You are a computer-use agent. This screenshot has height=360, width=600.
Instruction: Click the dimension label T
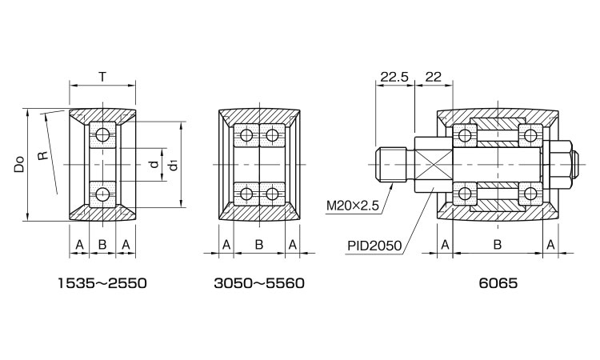102,77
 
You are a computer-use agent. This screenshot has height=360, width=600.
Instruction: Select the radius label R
43,155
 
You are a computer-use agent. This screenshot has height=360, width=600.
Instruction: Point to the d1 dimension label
174,166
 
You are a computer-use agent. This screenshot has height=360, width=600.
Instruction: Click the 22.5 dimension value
394,78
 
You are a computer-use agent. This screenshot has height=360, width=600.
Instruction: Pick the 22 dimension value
433,78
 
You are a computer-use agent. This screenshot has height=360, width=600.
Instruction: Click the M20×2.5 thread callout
353,206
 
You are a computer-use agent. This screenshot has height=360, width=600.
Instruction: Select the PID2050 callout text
374,246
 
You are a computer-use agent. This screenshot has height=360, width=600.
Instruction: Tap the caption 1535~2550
102,283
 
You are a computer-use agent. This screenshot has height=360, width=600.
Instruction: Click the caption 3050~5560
259,283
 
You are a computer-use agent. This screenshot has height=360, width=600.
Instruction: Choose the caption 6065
498,283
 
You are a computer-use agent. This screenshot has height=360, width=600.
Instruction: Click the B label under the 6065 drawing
498,244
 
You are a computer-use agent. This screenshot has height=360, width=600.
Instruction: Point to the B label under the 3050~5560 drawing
259,244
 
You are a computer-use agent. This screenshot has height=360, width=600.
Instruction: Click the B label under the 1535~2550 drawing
102,244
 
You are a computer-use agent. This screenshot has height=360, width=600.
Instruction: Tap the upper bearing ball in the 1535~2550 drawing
102,134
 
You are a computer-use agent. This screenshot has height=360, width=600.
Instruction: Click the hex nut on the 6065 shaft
561,165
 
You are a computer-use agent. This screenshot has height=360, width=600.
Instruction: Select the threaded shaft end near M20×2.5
391,165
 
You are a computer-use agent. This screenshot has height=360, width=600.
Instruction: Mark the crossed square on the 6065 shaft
434,165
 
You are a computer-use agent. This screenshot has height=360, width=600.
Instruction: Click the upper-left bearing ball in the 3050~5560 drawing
246,135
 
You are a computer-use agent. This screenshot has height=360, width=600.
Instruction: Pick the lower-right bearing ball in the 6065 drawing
530,194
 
